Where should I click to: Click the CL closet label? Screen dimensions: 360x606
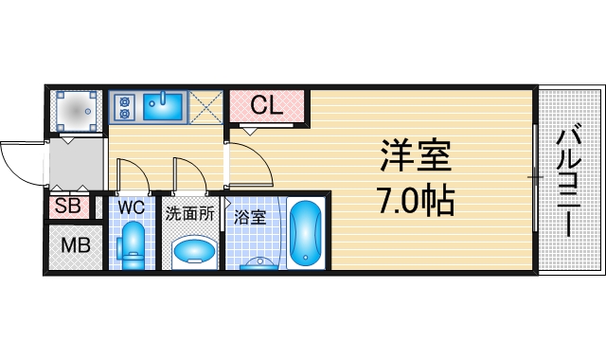[x=268, y=106]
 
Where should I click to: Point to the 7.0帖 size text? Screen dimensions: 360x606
[x=415, y=200]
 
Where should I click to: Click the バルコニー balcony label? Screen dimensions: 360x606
[x=569, y=179]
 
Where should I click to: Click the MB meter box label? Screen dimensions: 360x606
[x=75, y=246]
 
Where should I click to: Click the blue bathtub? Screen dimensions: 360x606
[x=305, y=234]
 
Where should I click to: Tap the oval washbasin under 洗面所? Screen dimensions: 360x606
[x=193, y=251]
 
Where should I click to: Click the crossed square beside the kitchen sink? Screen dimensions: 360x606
[x=205, y=105]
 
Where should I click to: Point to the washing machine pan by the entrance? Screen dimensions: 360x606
[x=76, y=110]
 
